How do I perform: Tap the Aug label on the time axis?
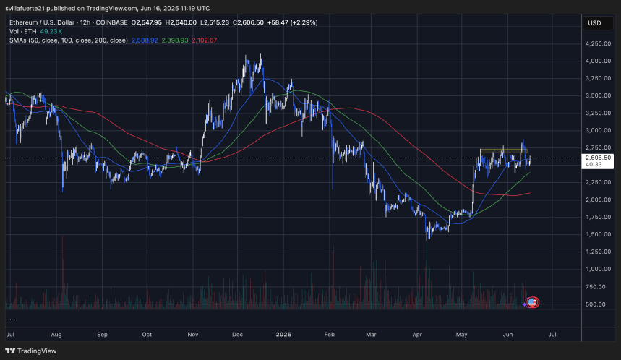tap(57, 335)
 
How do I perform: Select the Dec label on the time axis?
tap(238, 335)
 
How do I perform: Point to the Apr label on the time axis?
tap(418, 335)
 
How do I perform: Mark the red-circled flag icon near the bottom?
tap(533, 301)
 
